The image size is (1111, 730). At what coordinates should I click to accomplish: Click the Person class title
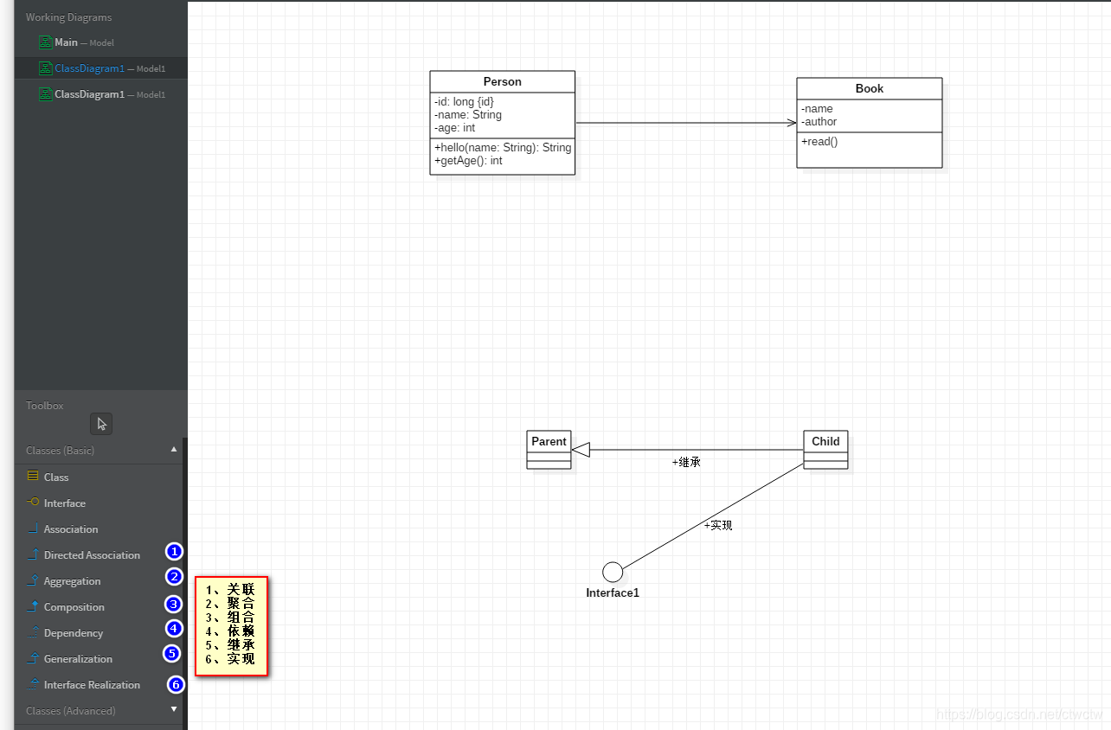point(502,82)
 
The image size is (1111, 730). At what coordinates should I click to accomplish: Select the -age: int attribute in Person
point(455,128)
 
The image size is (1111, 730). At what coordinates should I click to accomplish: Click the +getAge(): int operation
point(468,161)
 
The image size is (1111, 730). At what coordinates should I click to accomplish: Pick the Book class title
point(869,89)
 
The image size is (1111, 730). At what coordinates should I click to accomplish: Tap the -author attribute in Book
point(819,122)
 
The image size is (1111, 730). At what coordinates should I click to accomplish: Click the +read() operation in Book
point(819,142)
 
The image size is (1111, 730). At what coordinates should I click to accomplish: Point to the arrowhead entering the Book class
point(791,123)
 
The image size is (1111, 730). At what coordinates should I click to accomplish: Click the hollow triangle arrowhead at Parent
point(581,450)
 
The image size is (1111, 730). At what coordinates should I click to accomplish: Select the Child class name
point(825,441)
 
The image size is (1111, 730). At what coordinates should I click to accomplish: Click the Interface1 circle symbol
point(613,572)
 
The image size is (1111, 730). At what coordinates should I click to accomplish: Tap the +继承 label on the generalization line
point(686,463)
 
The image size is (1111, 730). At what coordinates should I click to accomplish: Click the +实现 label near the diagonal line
point(718,525)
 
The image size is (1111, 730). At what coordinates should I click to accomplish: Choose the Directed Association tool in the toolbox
point(92,555)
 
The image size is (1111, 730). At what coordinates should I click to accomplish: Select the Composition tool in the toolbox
point(74,607)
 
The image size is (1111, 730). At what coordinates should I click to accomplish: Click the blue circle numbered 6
point(176,685)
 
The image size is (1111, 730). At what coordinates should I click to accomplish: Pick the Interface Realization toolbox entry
point(92,685)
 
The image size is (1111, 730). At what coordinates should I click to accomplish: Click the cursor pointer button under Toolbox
point(102,424)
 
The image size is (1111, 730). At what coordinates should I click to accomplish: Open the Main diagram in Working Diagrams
point(66,42)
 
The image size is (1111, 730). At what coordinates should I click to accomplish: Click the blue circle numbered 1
point(175,551)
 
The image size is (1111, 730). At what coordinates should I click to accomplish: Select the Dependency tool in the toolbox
point(73,633)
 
